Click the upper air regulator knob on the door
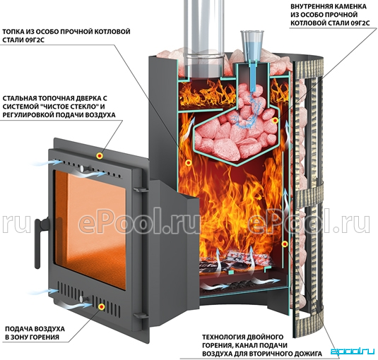[x=82, y=168]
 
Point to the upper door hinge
[x=140, y=188]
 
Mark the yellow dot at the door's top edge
[x=100, y=156]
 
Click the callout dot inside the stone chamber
[x=275, y=121]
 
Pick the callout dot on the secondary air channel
[x=285, y=244]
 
